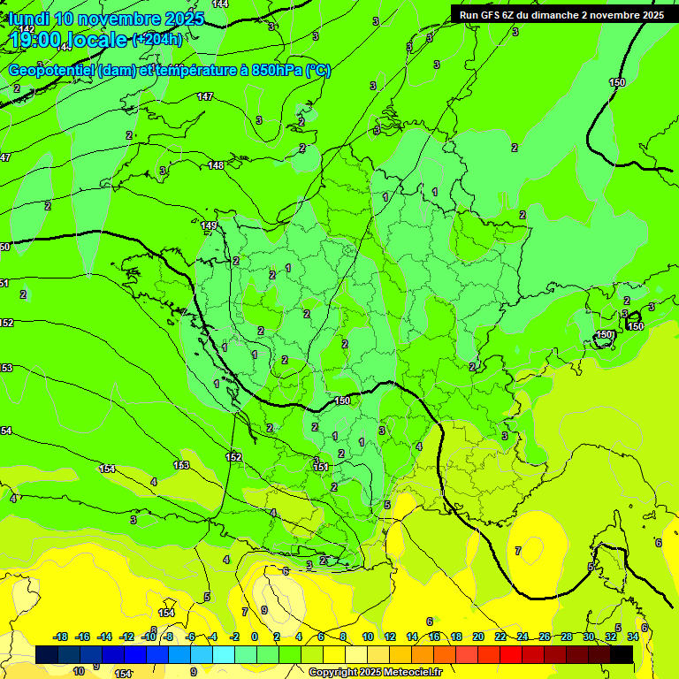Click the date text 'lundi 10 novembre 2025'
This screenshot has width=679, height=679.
pos(106,19)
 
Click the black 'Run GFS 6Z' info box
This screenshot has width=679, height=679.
pos(561,15)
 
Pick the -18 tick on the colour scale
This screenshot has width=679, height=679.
pos(61,637)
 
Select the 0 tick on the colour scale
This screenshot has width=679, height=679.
pos(256,637)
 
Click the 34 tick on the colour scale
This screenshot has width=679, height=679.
pos(632,637)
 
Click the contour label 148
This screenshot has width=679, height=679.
pos(216,165)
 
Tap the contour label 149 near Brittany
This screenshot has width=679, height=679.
pos(209,226)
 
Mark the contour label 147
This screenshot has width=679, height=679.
pos(205,96)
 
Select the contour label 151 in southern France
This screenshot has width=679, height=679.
pos(322,467)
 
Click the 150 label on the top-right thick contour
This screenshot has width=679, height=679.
pos(617,82)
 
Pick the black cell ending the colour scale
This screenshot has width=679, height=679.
pos(622,655)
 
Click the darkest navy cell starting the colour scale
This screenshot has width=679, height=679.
pos(48,655)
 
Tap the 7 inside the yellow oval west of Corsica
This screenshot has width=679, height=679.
pos(518,551)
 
